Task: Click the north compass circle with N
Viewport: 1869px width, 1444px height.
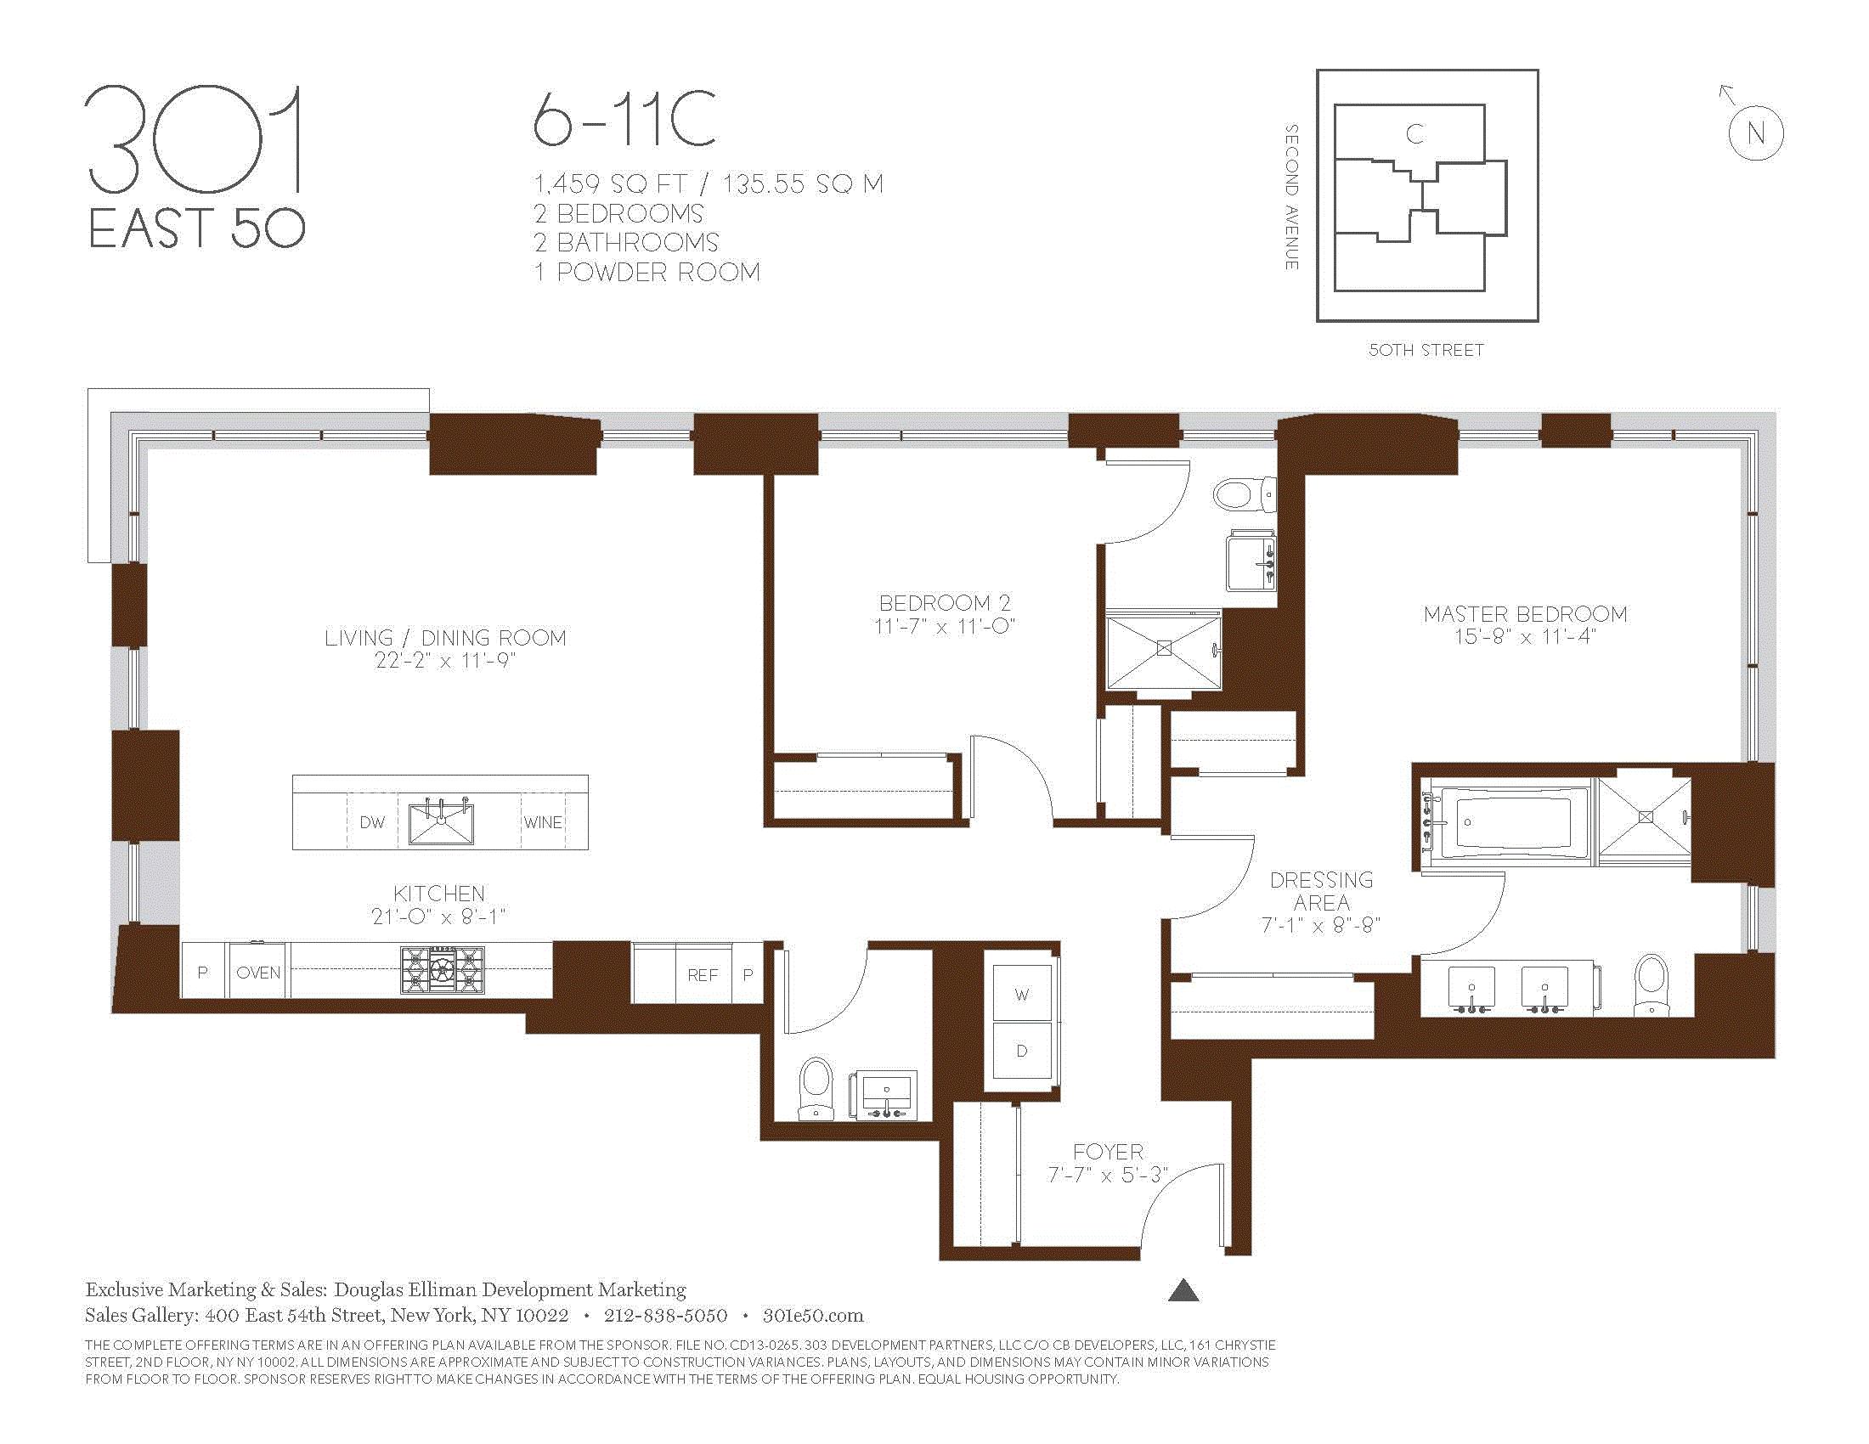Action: [1755, 133]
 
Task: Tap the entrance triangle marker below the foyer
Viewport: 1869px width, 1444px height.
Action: [1183, 1290]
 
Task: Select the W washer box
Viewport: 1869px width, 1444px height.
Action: [1022, 994]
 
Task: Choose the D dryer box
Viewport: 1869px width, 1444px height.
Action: [1022, 1051]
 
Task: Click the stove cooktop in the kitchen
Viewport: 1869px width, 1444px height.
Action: [442, 970]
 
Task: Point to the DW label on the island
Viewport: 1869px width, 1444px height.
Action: [372, 823]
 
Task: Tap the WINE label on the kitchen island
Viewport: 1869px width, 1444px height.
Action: [543, 823]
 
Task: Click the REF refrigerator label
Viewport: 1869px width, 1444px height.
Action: [703, 975]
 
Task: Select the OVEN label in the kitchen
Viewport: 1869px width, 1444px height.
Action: [258, 973]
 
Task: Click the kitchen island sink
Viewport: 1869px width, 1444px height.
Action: [441, 823]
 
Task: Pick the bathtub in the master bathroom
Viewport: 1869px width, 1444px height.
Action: [1506, 822]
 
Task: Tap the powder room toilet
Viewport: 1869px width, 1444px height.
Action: [815, 1088]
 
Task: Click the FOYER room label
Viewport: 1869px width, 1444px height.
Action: [1108, 1153]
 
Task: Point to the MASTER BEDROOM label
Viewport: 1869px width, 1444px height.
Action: [1525, 614]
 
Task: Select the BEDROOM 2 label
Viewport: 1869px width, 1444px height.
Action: [945, 603]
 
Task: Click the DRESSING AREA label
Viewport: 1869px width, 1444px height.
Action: [1321, 891]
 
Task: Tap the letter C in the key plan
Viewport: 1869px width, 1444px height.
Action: [1414, 134]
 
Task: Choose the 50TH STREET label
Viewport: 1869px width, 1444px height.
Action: [1426, 350]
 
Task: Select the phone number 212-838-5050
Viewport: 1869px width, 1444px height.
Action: [666, 1316]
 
